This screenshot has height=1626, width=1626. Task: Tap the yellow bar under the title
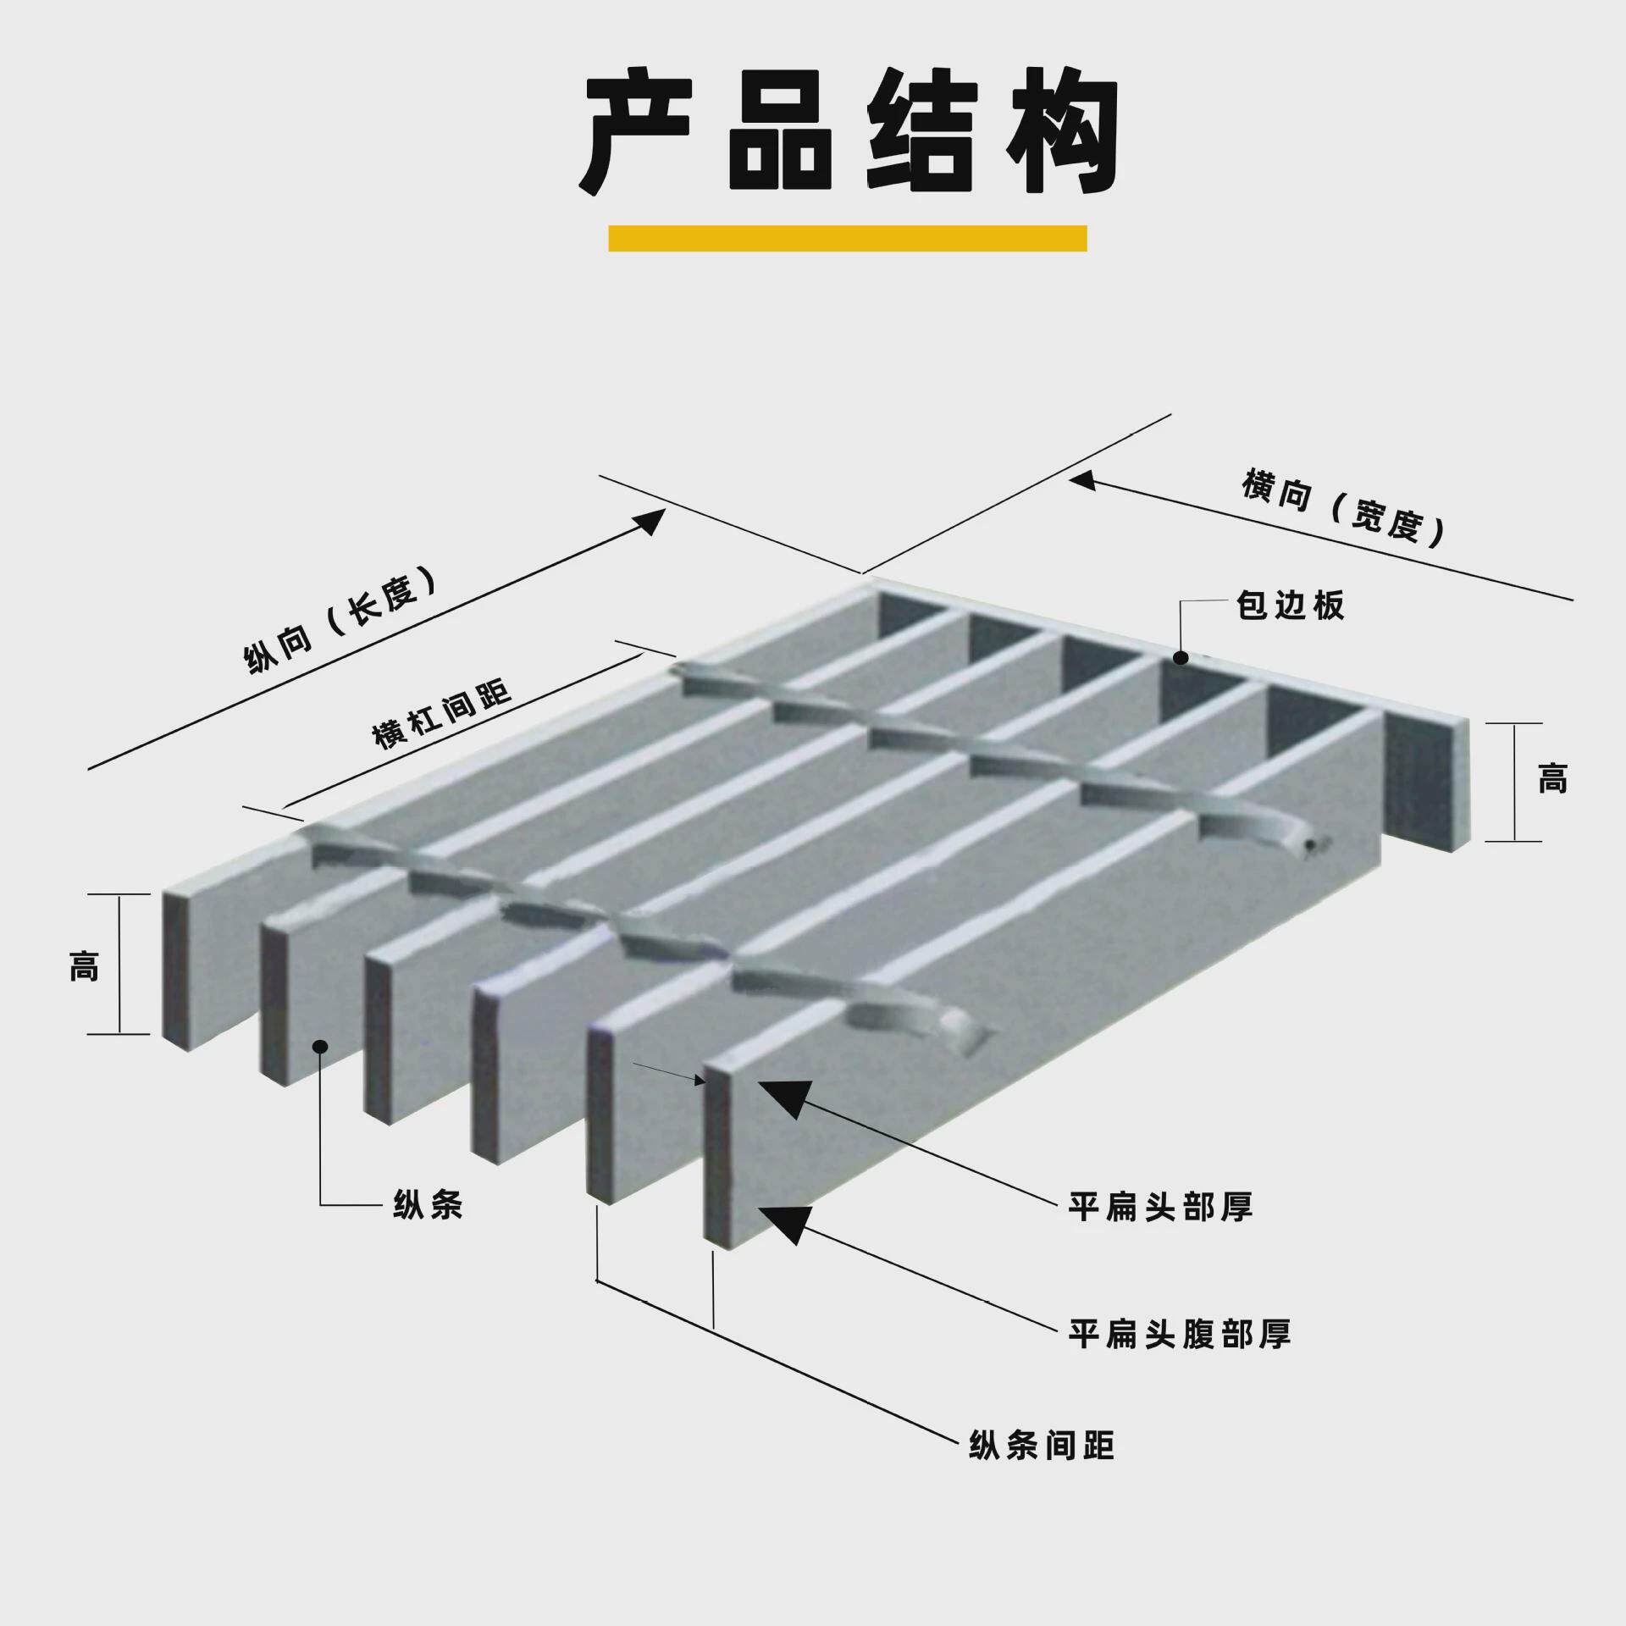pos(847,238)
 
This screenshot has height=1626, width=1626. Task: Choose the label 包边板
pos(1290,606)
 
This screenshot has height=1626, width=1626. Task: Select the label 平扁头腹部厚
pos(1179,1334)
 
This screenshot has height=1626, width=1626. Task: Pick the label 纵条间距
pos(1042,1444)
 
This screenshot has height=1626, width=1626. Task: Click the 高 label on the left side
pos(84,965)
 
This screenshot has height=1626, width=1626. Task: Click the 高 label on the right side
pos(1552,778)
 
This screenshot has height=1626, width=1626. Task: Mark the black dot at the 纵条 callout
pos(320,1047)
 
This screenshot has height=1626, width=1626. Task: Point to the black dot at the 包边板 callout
pos(1181,658)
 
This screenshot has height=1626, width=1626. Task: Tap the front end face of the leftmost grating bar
pos(175,971)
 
